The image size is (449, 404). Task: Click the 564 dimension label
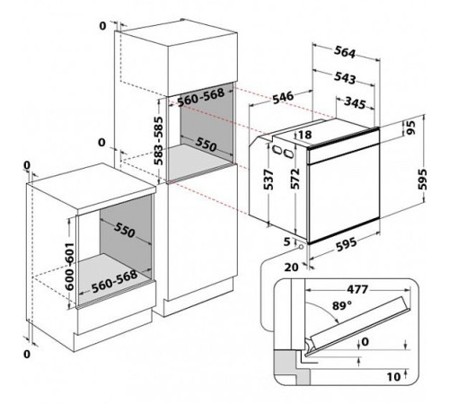(345, 52)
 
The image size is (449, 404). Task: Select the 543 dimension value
(345, 78)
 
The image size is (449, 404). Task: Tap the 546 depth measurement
(283, 98)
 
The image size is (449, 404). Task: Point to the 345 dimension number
(355, 102)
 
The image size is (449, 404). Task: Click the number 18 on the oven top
(305, 135)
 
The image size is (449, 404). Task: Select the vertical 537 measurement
(269, 180)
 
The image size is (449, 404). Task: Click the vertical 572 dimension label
(295, 179)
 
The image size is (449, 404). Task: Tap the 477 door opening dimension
(357, 289)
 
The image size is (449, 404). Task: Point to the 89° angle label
(342, 305)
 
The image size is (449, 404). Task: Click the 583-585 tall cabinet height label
(158, 141)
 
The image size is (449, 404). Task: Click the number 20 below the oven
(291, 267)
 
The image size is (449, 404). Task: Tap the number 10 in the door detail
(393, 377)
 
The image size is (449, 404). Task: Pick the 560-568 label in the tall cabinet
(201, 98)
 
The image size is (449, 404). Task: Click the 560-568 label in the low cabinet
(114, 282)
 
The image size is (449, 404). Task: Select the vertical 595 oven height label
(422, 180)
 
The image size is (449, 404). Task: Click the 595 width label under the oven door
(347, 245)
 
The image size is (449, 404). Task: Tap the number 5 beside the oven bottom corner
(287, 242)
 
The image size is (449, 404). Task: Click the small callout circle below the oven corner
(300, 247)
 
